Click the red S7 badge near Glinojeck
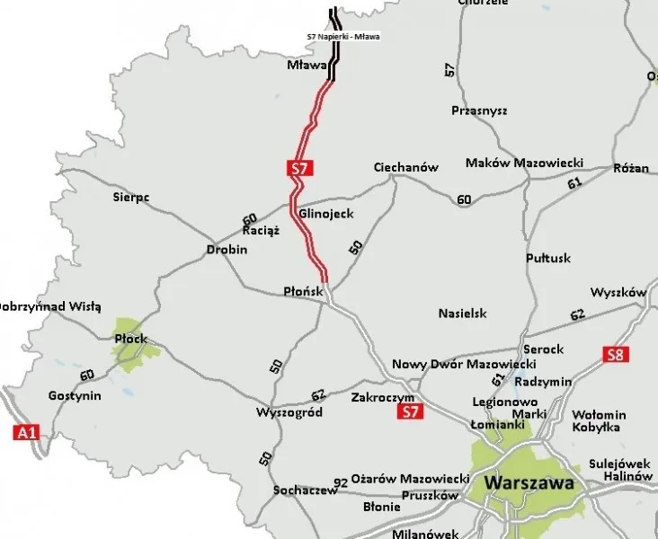pyautogui.click(x=299, y=167)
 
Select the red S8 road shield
pyautogui.click(x=614, y=354)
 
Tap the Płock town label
pyautogui.click(x=130, y=339)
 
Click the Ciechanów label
pyautogui.click(x=405, y=168)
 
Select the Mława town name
pyautogui.click(x=304, y=66)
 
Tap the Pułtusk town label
pyautogui.click(x=548, y=258)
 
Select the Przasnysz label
pyautogui.click(x=479, y=110)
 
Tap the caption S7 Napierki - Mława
pyautogui.click(x=343, y=37)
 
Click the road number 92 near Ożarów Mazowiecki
pyautogui.click(x=340, y=483)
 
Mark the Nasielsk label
pyautogui.click(x=462, y=314)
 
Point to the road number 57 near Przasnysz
pyautogui.click(x=449, y=70)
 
